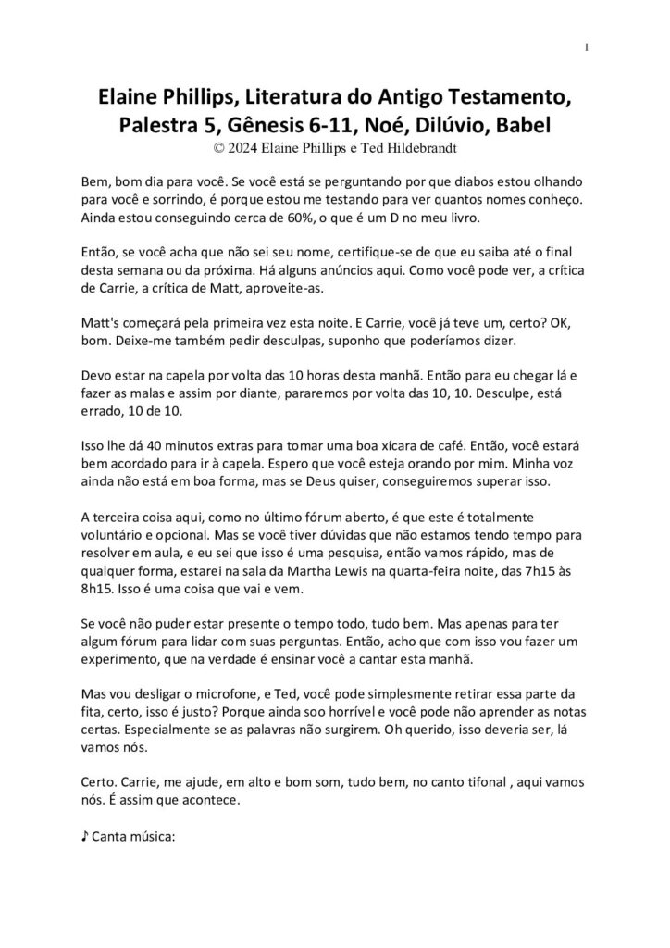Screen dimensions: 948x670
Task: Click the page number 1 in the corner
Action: click(x=588, y=47)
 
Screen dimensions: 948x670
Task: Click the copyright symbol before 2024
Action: click(x=218, y=145)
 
